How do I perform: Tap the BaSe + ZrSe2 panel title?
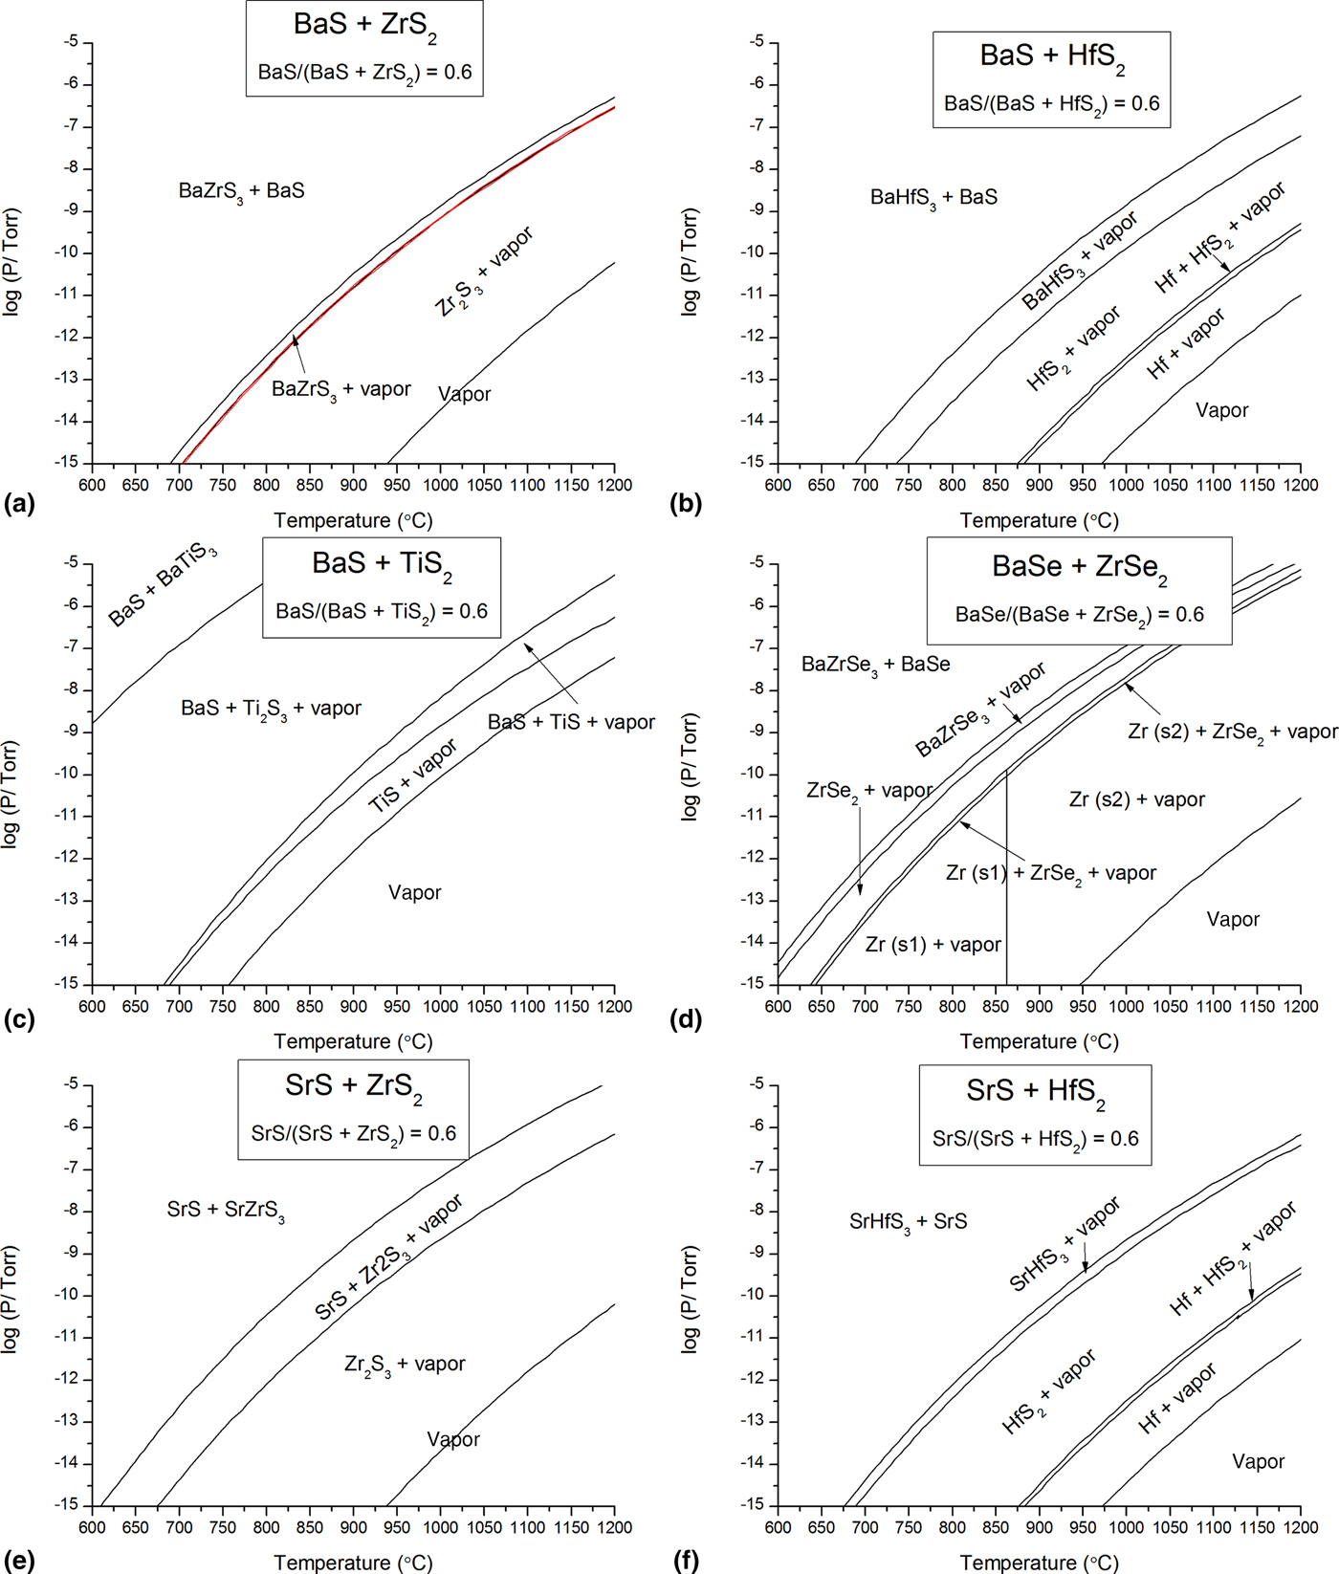pyautogui.click(x=1079, y=568)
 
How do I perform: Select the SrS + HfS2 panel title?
pyautogui.click(x=1036, y=1091)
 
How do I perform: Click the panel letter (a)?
pyautogui.click(x=19, y=504)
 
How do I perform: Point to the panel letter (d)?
pyautogui.click(x=688, y=1019)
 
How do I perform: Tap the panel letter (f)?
pyautogui.click(x=687, y=1561)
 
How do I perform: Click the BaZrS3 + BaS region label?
pyautogui.click(x=241, y=191)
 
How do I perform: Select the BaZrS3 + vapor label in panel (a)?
pyautogui.click(x=340, y=389)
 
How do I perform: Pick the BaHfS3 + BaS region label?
pyautogui.click(x=933, y=198)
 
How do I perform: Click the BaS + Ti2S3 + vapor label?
pyautogui.click(x=271, y=709)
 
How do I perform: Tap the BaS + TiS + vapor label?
pyautogui.click(x=571, y=723)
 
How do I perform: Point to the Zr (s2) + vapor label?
pyautogui.click(x=1136, y=799)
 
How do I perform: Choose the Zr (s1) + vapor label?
pyautogui.click(x=933, y=945)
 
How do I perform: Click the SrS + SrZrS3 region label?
pyautogui.click(x=226, y=1211)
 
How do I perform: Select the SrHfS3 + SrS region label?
pyautogui.click(x=908, y=1222)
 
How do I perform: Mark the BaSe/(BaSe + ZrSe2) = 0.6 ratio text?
pyautogui.click(x=1079, y=615)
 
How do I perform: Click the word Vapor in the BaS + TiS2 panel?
pyautogui.click(x=414, y=893)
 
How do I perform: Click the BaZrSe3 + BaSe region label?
pyautogui.click(x=875, y=665)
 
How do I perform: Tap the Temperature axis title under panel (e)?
pyautogui.click(x=353, y=1563)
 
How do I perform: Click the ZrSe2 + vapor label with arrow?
pyautogui.click(x=868, y=791)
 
